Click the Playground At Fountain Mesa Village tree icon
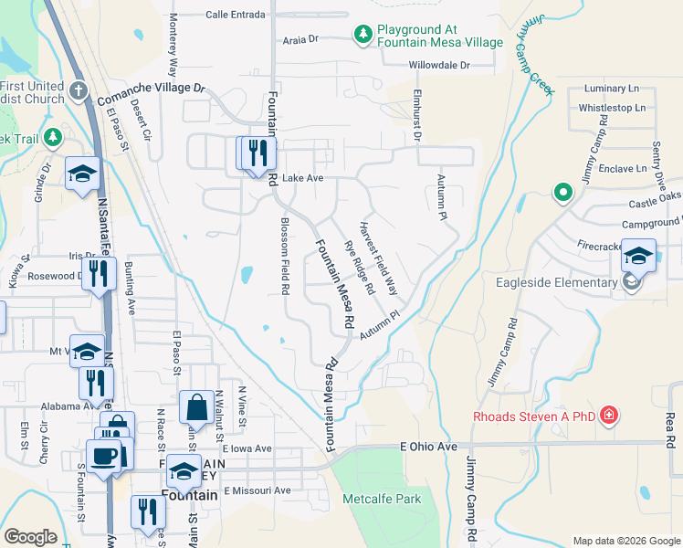tap(363, 35)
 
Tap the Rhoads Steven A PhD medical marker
tap(609, 417)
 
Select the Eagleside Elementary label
tap(556, 282)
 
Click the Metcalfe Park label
tap(382, 499)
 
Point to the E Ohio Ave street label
tap(428, 447)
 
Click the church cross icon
tap(79, 91)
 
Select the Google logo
tap(30, 537)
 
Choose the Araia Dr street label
tap(299, 39)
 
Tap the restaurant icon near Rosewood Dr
tap(99, 271)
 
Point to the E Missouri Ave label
tap(257, 490)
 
